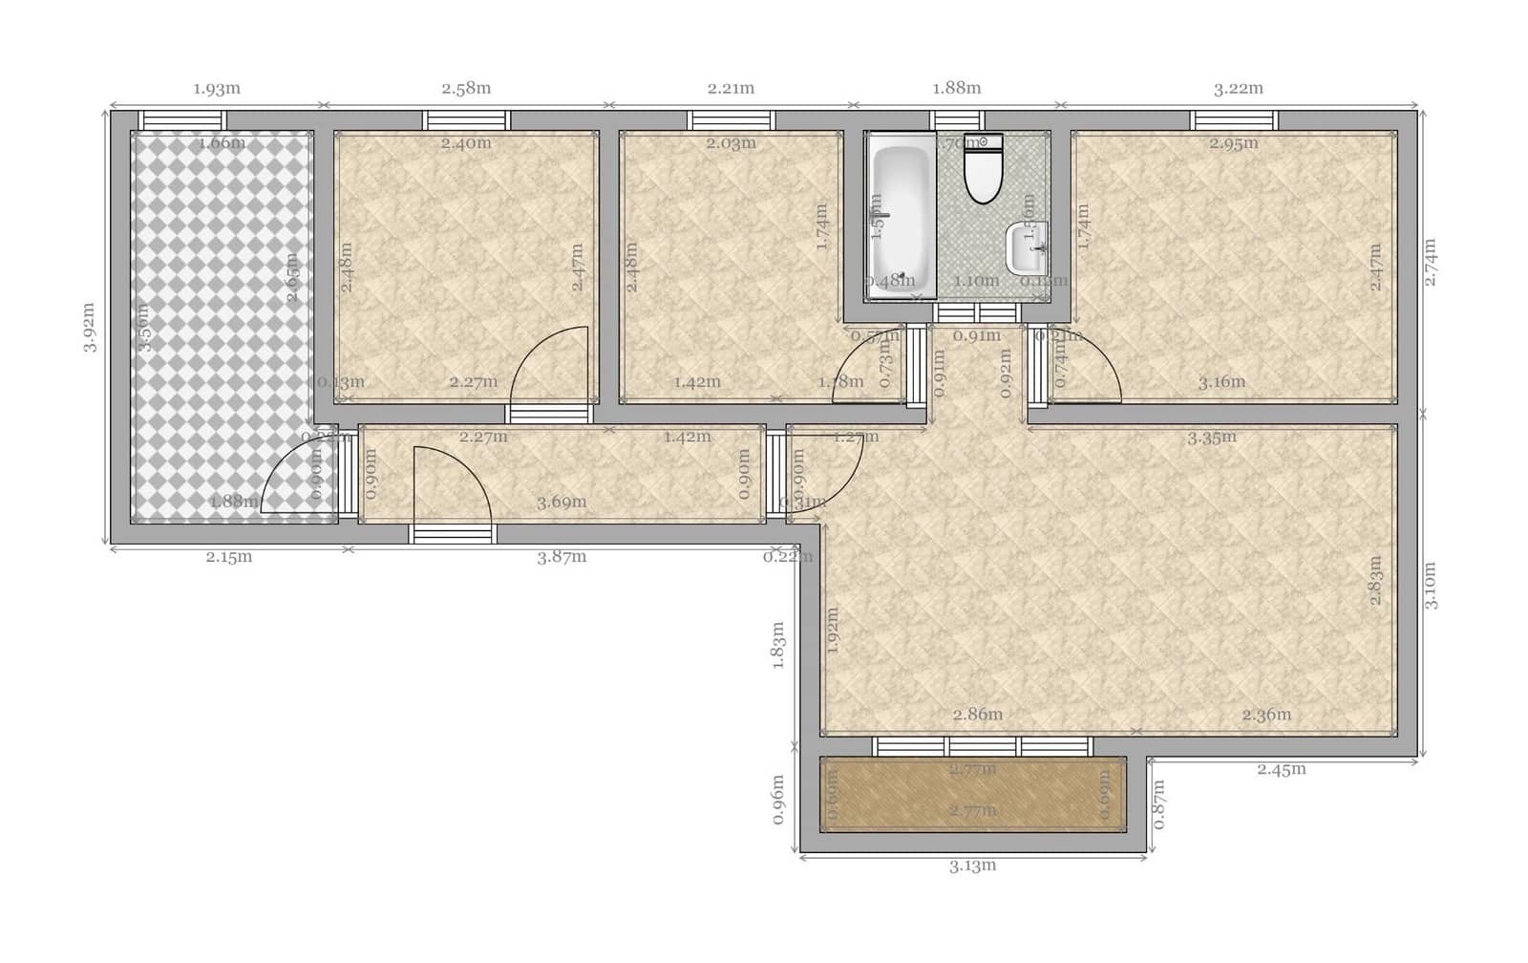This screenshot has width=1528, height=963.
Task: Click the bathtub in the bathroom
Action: pos(901,216)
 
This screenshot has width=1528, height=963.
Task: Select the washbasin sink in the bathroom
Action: pos(1028,247)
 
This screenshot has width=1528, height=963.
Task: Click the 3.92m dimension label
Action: pos(89,328)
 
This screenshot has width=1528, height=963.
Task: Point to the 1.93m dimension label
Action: pos(217,89)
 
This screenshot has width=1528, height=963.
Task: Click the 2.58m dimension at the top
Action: pos(466,89)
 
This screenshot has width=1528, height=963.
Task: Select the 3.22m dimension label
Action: pos(1239,89)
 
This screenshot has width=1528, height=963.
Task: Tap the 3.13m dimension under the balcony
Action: pos(972,867)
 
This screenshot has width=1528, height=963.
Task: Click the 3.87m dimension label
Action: pos(562,557)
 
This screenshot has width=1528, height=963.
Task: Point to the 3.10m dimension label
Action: pos(1430,586)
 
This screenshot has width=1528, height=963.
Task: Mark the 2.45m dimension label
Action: pos(1282,769)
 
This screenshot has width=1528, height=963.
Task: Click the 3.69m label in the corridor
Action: pos(562,503)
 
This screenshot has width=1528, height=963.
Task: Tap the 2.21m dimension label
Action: pos(731,89)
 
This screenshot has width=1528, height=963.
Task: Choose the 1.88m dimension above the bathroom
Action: pos(956,89)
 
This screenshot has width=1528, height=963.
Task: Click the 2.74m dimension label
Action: pos(1430,261)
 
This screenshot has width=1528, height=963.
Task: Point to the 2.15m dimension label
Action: pos(229,557)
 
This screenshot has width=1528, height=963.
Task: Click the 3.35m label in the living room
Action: pos(1211,439)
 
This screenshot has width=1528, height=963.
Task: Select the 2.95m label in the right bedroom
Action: pos(1233,144)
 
